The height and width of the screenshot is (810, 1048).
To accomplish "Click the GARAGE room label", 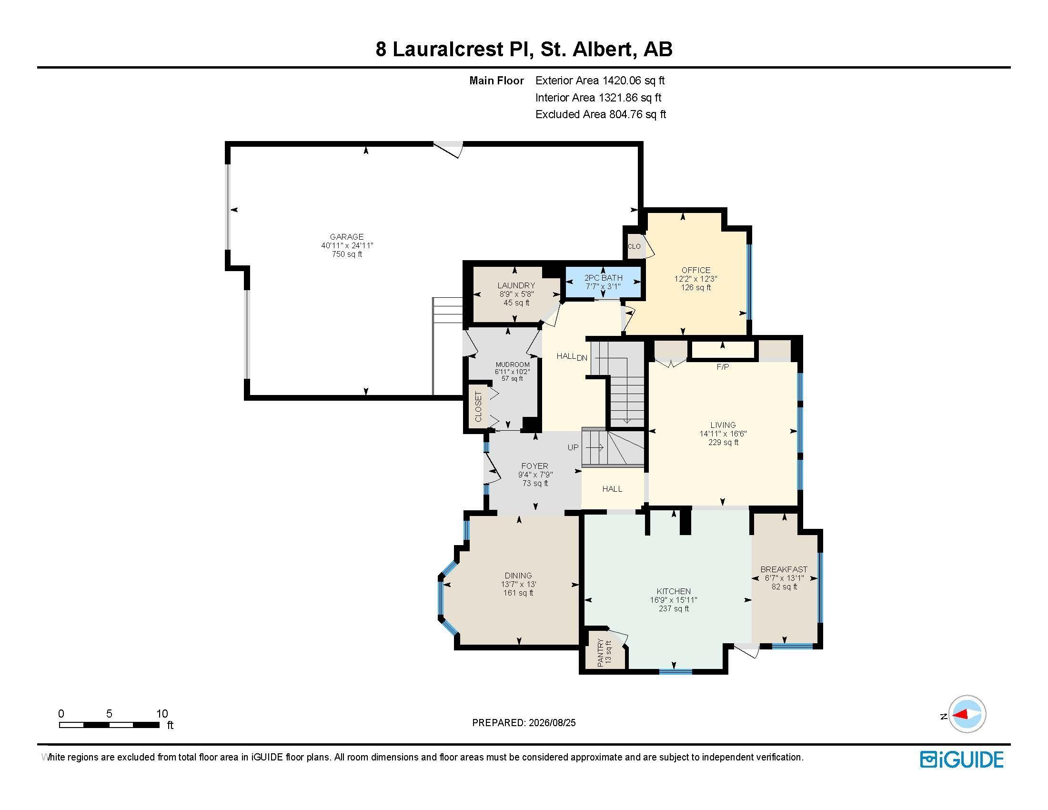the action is [346, 237].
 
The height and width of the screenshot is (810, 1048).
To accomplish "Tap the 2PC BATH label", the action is [603, 278].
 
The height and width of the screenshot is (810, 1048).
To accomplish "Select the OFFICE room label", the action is [695, 270].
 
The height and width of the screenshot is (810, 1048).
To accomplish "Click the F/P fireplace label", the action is [723, 367].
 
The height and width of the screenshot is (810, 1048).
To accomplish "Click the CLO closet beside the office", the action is [634, 246].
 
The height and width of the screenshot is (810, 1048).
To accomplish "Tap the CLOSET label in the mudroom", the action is [478, 406].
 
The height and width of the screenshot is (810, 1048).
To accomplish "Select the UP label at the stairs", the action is [573, 447].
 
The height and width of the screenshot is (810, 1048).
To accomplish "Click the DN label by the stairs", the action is [582, 357].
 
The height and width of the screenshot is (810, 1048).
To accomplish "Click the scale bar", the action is [110, 725].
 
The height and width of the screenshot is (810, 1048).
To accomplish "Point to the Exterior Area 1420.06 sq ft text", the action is [600, 81].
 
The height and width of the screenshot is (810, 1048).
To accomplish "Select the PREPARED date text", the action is [524, 723].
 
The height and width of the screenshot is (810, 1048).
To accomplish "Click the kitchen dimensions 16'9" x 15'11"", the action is [674, 600].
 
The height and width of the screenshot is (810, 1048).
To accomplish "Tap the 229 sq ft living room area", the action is [723, 443].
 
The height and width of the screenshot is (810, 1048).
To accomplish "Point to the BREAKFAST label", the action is [784, 569].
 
